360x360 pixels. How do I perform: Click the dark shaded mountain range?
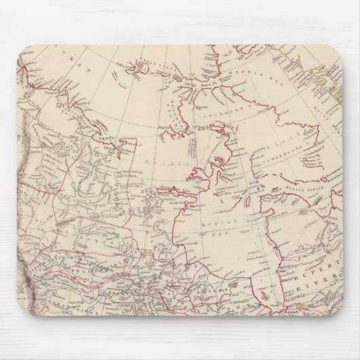tap(31, 224)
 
